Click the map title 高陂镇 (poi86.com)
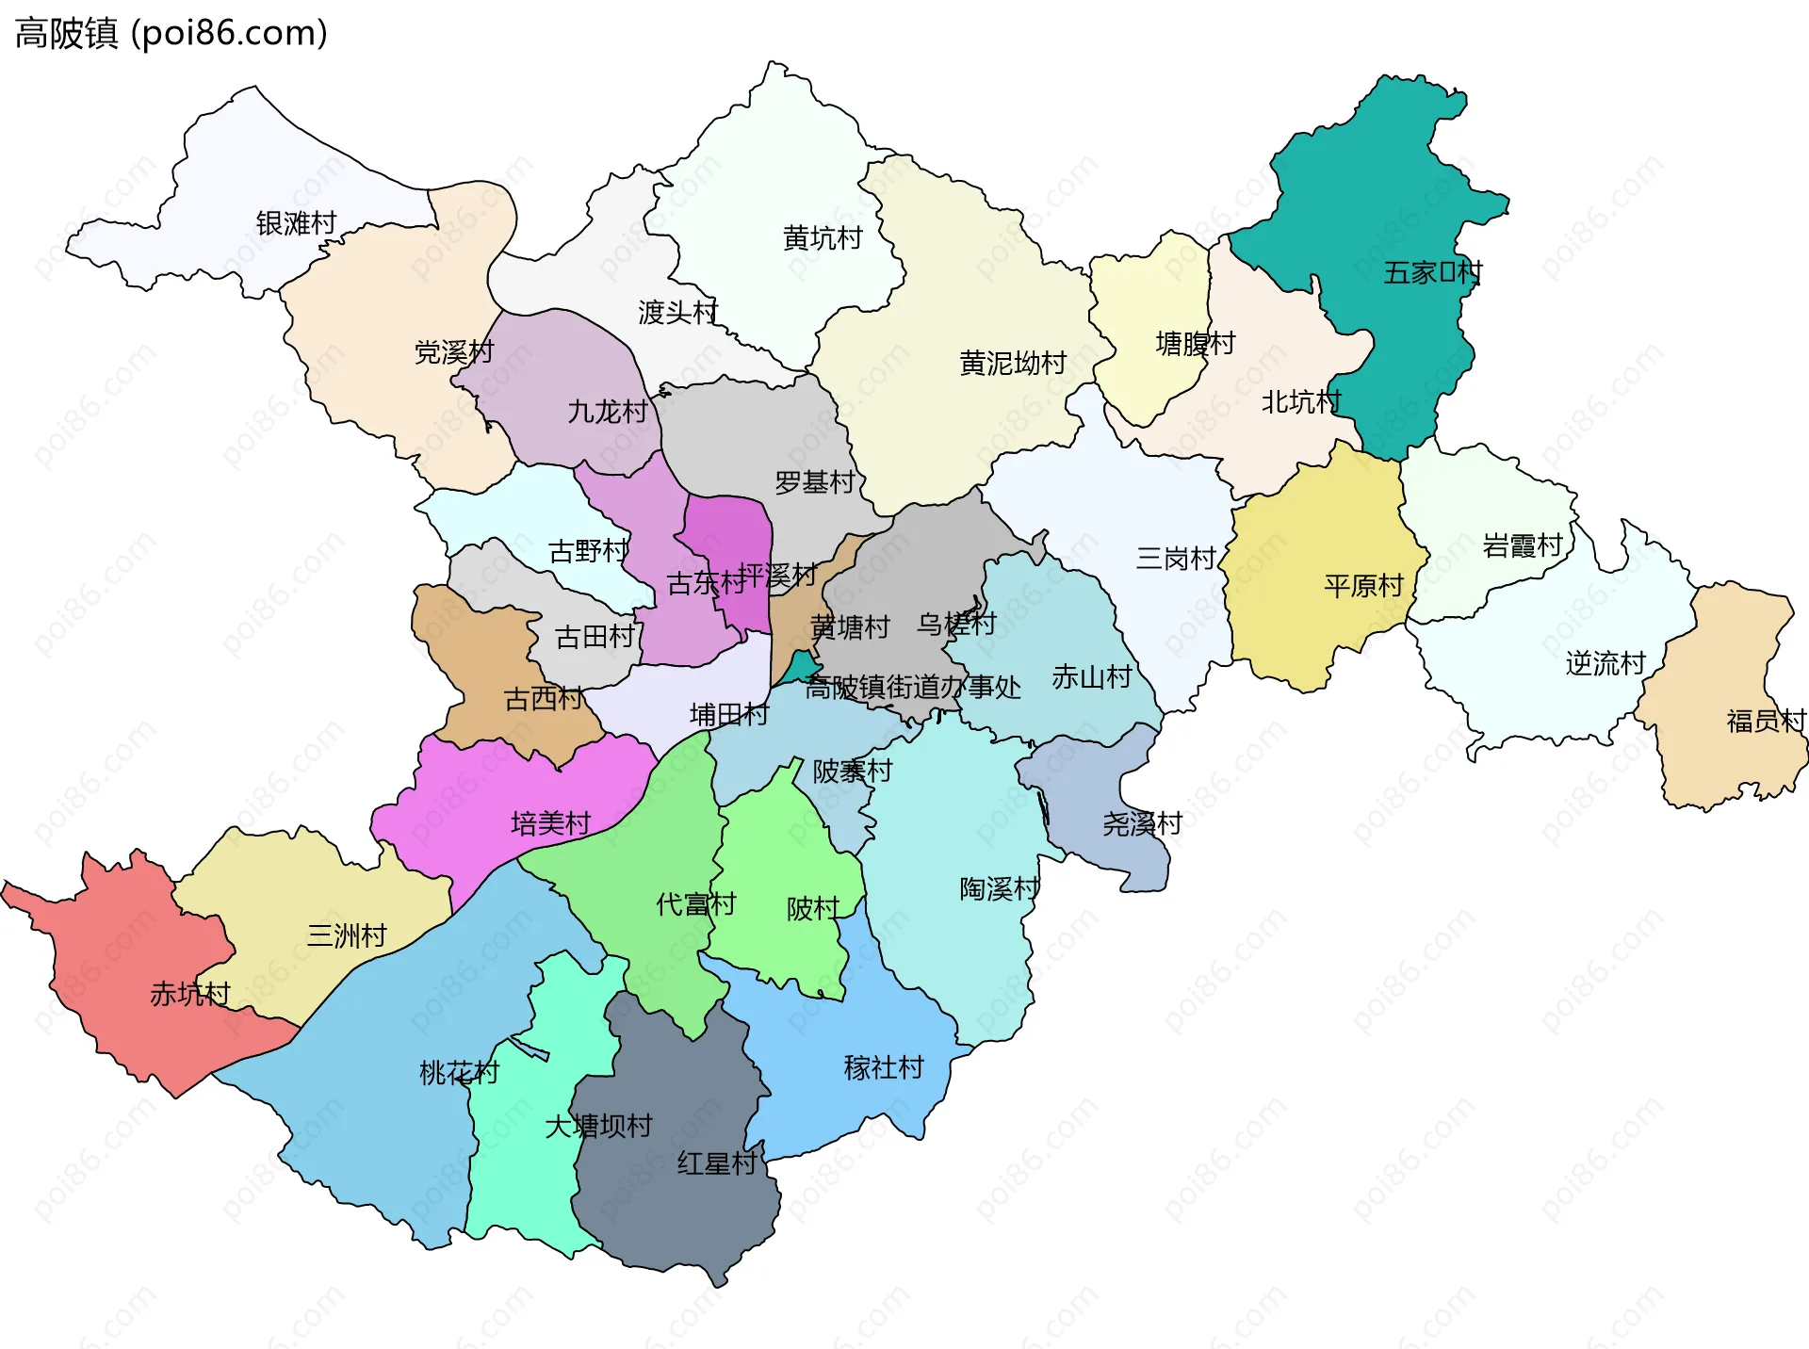tap(171, 33)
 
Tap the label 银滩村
tap(296, 223)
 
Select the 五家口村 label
tap(1432, 273)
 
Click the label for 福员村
tap(1766, 722)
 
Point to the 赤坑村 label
tap(190, 994)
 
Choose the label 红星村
tap(716, 1163)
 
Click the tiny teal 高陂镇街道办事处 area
tap(802, 665)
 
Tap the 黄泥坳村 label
tap(1013, 363)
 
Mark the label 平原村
tap(1363, 586)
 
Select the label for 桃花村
tap(459, 1072)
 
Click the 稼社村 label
tap(884, 1067)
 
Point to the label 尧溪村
tap(1142, 824)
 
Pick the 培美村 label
tap(550, 824)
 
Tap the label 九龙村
tap(608, 412)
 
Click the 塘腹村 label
tap(1195, 344)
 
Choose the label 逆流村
tap(1605, 663)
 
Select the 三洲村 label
tap(347, 935)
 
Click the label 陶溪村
tap(999, 888)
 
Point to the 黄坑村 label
tap(823, 238)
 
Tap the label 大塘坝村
tap(598, 1126)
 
